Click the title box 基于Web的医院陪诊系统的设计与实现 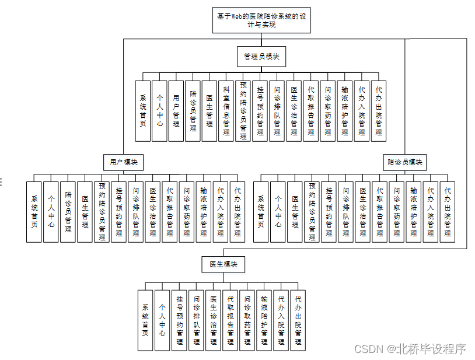click(261, 21)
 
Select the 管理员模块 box click(261, 57)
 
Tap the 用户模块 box click(124, 162)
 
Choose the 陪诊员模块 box click(405, 162)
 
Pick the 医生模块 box click(223, 264)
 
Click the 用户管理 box click(176, 111)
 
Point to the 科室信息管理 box click(226, 111)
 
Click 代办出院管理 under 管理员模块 click(379, 111)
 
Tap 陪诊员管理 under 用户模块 click(68, 212)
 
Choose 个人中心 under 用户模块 click(51, 212)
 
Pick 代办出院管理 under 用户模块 click(237, 212)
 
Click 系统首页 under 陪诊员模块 click(261, 212)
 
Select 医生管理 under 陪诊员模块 click(295, 212)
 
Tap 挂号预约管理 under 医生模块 click(180, 320)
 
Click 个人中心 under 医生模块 click(162, 320)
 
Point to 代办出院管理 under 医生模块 click(298, 320)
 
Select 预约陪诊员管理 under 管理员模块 click(243, 111)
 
